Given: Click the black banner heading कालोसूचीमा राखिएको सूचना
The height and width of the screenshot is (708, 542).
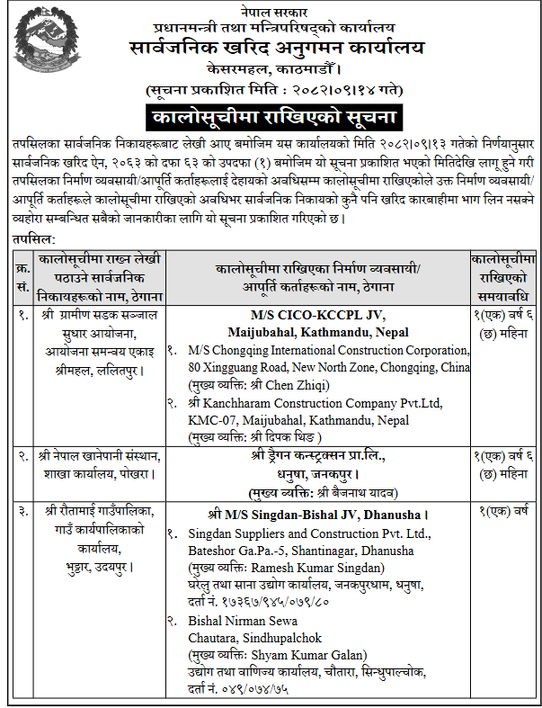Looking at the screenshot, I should tap(272, 117).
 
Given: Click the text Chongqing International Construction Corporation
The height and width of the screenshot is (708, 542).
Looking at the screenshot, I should tap(330, 347).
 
